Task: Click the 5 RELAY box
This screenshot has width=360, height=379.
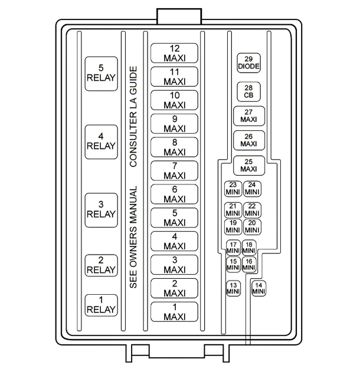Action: (x=101, y=73)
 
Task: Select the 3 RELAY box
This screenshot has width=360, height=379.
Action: (x=101, y=209)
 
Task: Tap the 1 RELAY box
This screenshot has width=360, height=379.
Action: (x=101, y=305)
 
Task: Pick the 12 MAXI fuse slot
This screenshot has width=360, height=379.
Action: (x=174, y=53)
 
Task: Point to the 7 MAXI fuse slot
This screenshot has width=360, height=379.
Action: (x=174, y=171)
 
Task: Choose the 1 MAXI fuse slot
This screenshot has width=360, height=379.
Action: (x=174, y=312)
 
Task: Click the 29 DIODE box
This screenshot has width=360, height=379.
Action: (x=249, y=62)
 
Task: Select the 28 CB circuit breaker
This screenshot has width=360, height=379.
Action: (x=249, y=91)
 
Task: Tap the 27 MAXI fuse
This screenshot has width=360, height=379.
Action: (x=249, y=116)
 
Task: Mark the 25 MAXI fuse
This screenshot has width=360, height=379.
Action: (x=249, y=166)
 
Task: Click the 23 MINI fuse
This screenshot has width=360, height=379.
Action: (x=233, y=189)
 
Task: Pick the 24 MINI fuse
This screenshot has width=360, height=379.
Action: (x=252, y=189)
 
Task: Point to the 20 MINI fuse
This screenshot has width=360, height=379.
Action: (x=252, y=226)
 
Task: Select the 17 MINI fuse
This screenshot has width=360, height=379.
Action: (x=233, y=248)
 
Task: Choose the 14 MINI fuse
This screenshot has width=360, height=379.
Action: (x=258, y=289)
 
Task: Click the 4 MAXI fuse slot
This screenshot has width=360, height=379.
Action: (x=174, y=241)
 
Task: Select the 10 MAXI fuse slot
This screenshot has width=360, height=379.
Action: (x=174, y=100)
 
